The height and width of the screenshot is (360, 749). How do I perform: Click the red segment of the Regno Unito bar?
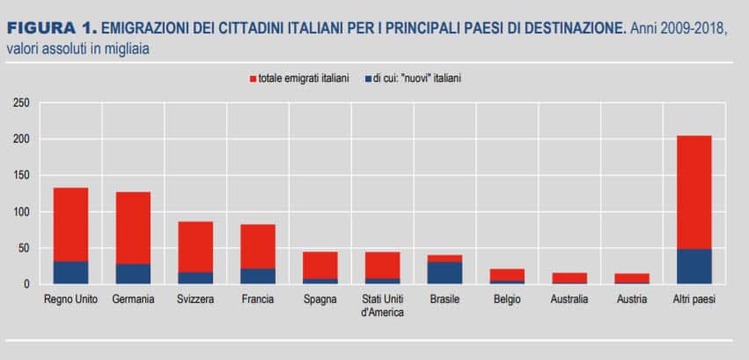70,224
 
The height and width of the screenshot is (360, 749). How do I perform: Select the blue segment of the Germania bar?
133,274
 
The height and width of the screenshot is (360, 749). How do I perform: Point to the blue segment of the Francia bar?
258,276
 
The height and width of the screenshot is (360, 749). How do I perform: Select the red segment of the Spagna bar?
320,265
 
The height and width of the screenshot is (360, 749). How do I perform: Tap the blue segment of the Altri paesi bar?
694,267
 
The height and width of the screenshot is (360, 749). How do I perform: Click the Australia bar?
569,278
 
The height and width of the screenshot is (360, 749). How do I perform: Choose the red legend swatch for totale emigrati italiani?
253,78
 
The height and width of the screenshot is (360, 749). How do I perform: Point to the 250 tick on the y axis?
21,103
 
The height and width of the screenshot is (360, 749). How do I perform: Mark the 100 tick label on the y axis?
21,212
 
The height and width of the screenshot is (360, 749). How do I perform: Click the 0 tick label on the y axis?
26,284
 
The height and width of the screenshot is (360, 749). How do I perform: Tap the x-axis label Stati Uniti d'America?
382,305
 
